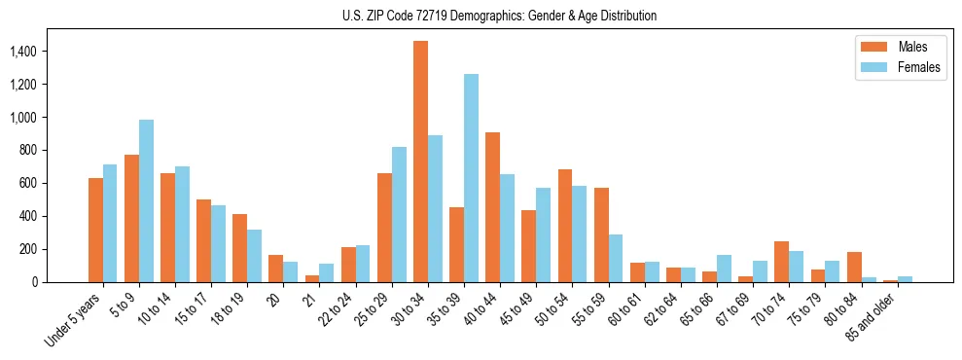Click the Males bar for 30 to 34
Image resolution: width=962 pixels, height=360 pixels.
click(x=420, y=162)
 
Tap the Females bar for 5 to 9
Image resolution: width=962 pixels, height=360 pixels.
click(x=146, y=200)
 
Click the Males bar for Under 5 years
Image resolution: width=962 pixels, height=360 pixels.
click(x=95, y=230)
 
